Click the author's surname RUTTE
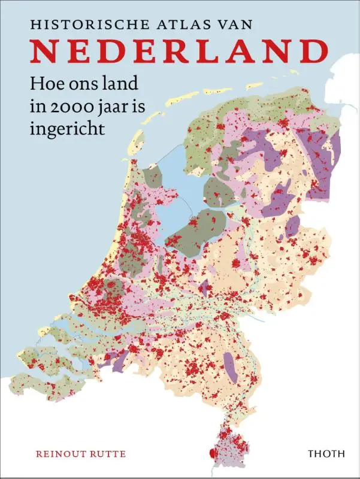pos(108,454)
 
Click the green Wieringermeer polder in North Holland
pos(152,177)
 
